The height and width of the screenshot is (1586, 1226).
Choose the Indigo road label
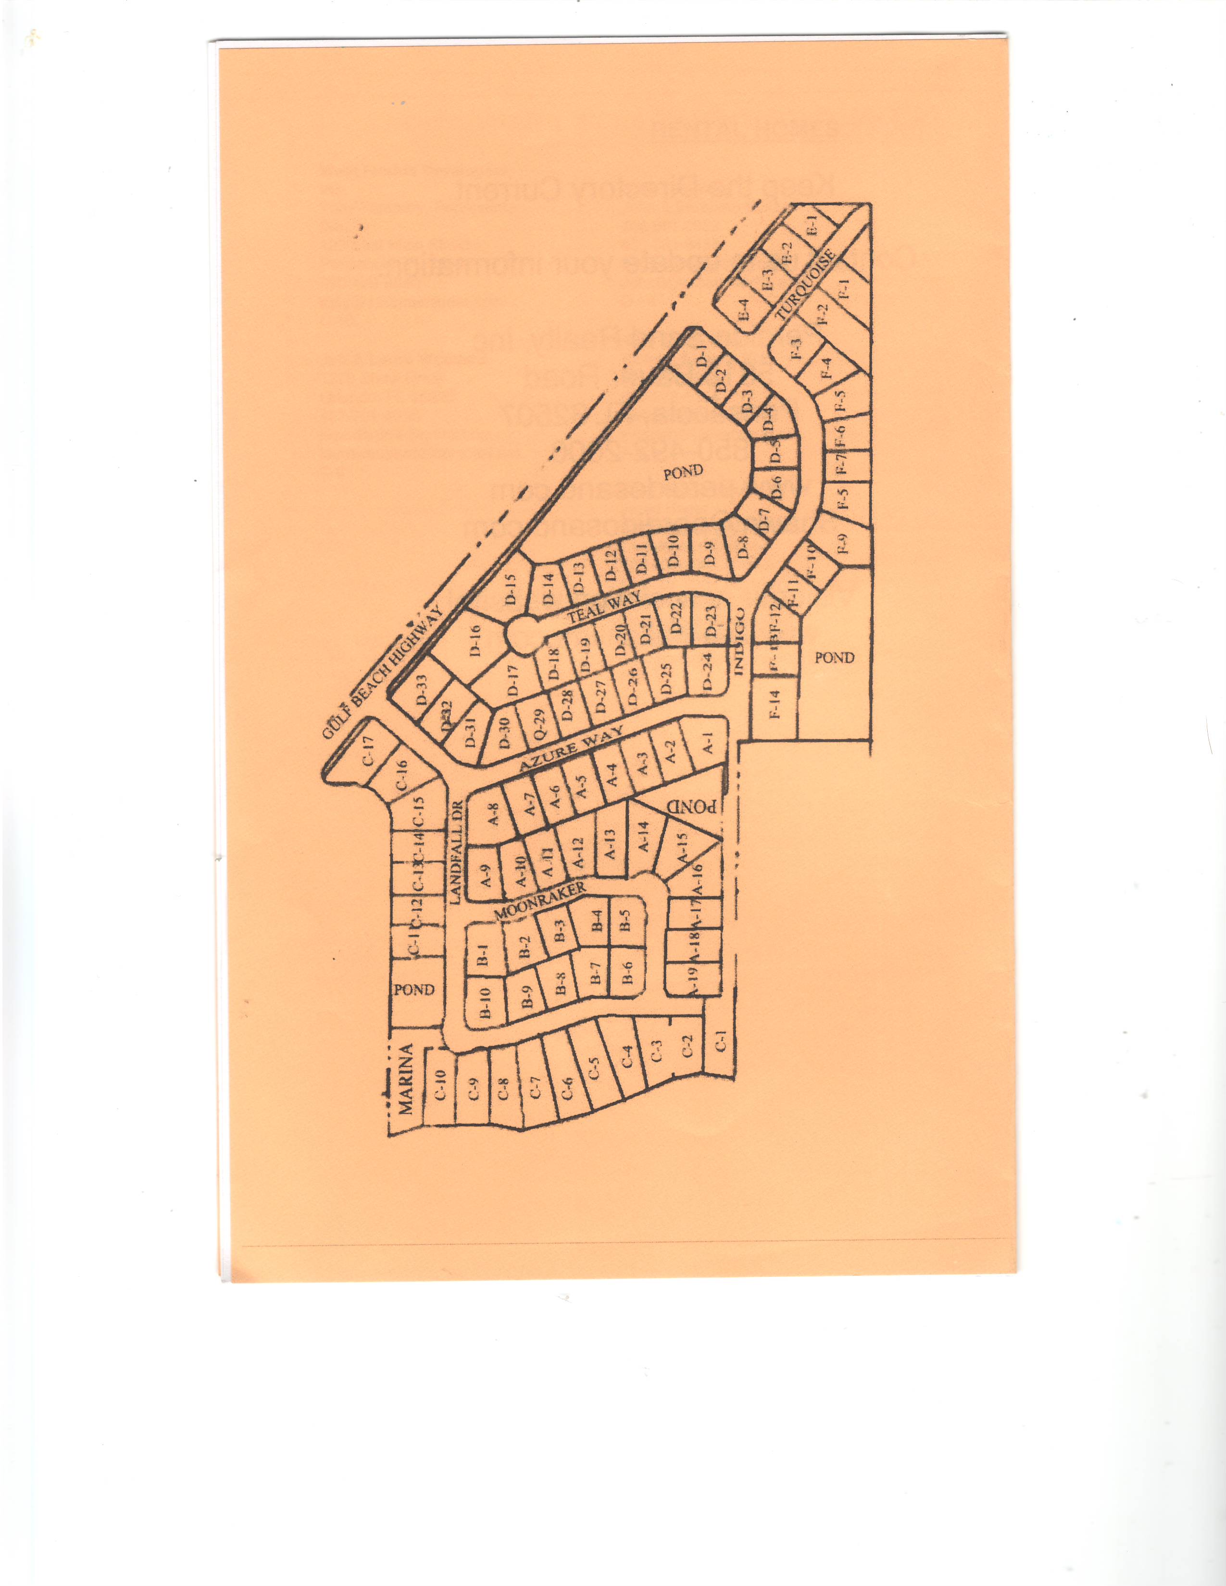(740, 639)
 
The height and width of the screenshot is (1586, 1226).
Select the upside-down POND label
(696, 805)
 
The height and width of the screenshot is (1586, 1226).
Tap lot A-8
(494, 818)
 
